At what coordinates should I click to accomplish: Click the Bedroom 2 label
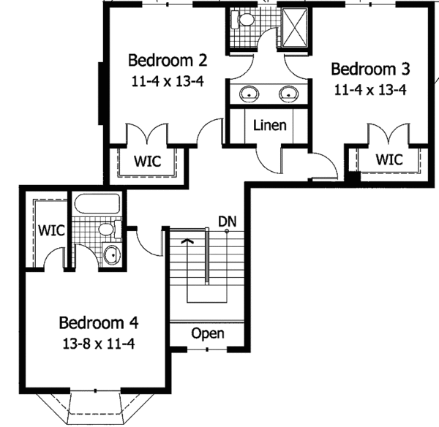162,60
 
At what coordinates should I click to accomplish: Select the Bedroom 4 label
99,322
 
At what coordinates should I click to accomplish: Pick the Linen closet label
269,125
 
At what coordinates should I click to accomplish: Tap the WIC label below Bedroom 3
389,159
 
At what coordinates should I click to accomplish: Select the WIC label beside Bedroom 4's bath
51,230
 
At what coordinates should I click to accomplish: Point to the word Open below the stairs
208,333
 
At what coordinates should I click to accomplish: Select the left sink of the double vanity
249,93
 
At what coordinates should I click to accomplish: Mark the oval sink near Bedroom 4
112,256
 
